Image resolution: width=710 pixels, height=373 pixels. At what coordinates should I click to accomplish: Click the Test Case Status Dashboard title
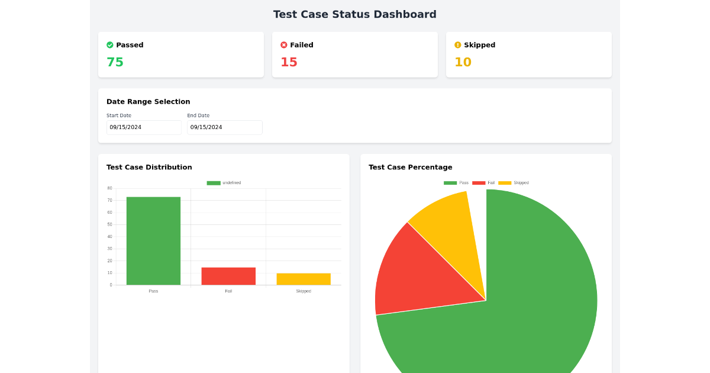coord(354,14)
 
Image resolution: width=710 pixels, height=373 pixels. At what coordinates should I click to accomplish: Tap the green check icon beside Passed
coord(110,45)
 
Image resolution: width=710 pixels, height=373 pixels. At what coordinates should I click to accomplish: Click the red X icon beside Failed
coord(284,45)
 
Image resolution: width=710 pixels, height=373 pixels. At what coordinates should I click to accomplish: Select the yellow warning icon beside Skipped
coord(458,45)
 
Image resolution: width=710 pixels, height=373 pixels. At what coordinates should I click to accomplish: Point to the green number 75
coord(115,62)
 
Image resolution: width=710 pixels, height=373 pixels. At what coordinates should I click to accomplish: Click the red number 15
coord(289,62)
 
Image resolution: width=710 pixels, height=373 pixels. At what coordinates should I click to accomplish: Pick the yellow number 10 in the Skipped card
coord(463,62)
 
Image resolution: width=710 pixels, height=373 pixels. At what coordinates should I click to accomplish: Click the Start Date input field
coord(144,127)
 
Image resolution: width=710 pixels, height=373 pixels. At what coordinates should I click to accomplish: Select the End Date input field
coord(224,127)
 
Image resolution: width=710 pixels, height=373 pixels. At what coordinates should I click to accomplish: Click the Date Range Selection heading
coord(149,102)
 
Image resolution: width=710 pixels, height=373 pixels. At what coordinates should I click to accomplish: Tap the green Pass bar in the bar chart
coord(153,241)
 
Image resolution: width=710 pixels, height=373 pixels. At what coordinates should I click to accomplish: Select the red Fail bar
coord(228,276)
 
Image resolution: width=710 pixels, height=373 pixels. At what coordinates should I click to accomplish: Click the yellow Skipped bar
coord(304,279)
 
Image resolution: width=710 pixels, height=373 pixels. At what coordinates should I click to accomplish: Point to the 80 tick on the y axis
coord(109,188)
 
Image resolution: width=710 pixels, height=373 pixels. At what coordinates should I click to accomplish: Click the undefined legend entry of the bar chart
coord(224,183)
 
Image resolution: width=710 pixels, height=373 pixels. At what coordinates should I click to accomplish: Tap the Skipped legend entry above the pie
coord(514,183)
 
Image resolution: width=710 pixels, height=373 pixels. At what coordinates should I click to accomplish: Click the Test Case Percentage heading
coord(410,168)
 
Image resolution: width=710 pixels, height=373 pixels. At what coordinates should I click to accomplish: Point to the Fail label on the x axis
coord(228,291)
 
